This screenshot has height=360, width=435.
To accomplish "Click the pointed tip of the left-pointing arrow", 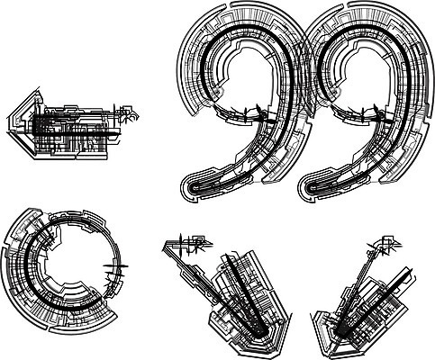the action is coord(7,124).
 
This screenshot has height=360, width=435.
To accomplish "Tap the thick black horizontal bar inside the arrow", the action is coord(75,133).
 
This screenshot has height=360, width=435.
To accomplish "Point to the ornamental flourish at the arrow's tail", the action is coord(126,113).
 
